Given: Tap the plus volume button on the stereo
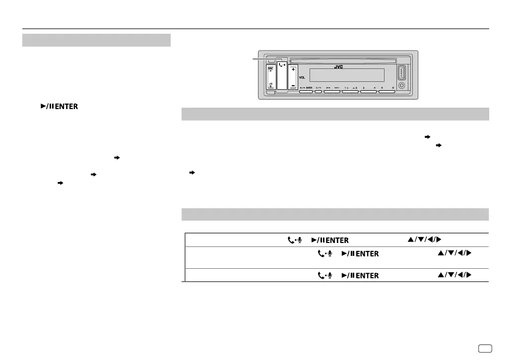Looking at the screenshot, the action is point(293,70).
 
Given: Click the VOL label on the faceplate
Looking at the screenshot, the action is point(302,78).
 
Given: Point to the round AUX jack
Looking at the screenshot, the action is point(402,85).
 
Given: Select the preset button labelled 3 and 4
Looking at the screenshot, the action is point(369,91).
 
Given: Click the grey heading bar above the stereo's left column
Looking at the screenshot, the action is point(96,40).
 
